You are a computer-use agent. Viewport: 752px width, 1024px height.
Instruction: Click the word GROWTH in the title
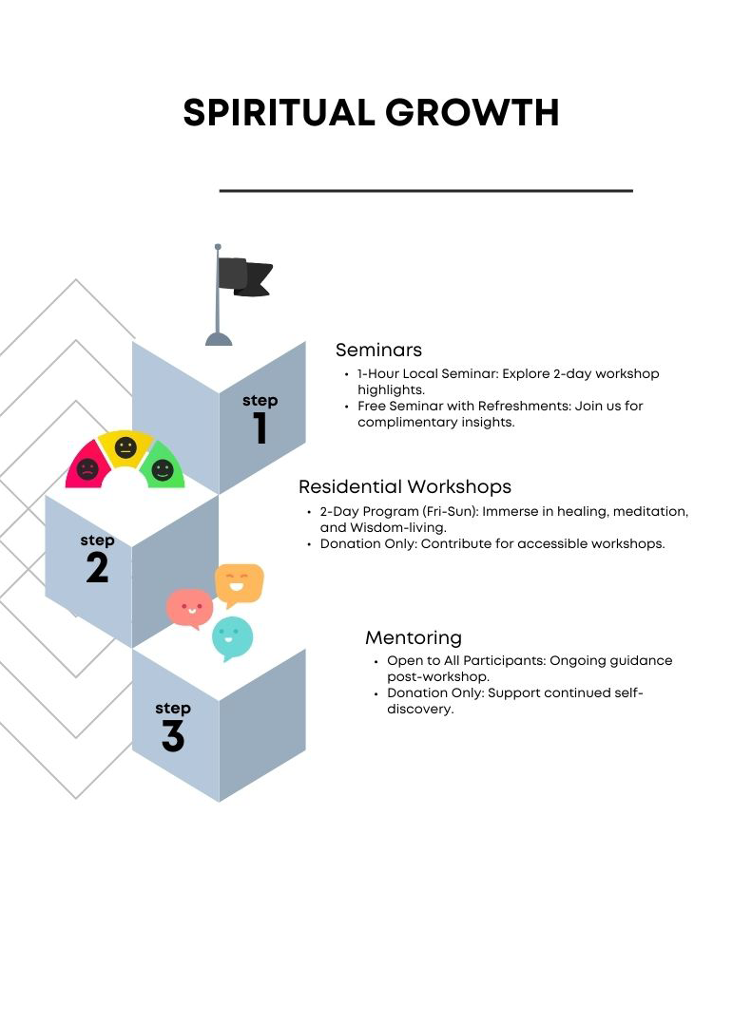tap(472, 113)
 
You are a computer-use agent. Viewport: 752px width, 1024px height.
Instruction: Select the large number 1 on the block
tap(260, 428)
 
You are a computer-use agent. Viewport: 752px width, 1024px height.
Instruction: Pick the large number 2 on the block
tap(97, 568)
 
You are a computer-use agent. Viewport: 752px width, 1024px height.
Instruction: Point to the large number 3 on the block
tap(172, 736)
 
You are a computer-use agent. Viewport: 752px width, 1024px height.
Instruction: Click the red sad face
tap(87, 468)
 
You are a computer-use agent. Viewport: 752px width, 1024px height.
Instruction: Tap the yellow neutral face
tap(125, 447)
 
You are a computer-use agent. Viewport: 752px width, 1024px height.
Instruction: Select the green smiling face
tap(163, 468)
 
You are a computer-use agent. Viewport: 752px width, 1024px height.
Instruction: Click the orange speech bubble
tap(239, 583)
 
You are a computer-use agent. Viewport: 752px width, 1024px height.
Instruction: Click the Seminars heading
tap(378, 350)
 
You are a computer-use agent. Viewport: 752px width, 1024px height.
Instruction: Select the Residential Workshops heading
tap(405, 486)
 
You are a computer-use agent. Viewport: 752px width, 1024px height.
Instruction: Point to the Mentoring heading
tap(414, 637)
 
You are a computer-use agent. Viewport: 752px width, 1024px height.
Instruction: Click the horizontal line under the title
tap(426, 191)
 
